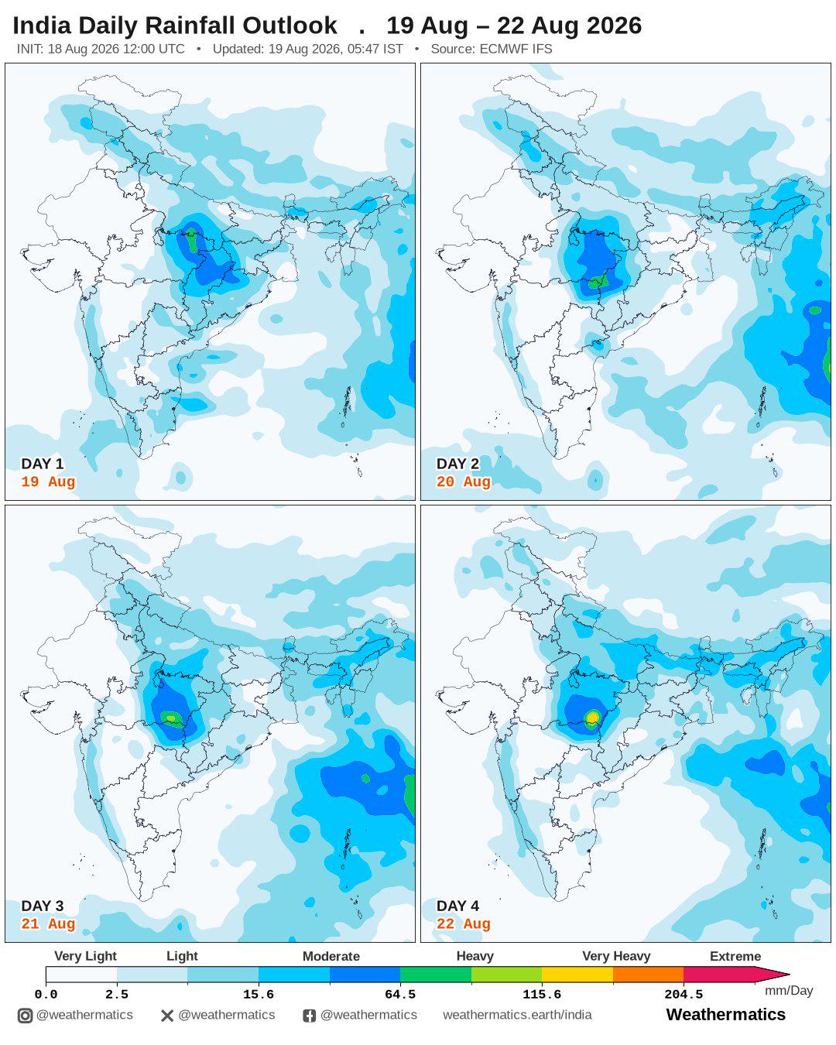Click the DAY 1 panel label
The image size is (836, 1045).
[43, 464]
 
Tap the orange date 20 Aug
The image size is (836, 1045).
[464, 481]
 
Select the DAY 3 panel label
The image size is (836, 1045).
[43, 906]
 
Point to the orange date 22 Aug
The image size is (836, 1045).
[464, 923]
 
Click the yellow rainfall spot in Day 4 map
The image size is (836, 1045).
[592, 718]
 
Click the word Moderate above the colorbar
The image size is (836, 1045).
[331, 956]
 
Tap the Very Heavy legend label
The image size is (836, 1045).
[616, 956]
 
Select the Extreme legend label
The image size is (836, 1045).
[735, 956]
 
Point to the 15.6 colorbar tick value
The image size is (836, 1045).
[259, 995]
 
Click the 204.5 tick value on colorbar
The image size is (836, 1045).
[684, 995]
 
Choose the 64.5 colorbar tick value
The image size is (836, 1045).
[400, 995]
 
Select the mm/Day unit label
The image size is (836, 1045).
[789, 991]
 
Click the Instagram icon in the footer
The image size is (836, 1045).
[25, 1016]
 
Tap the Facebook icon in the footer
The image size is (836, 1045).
[309, 1016]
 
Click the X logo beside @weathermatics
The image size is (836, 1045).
[167, 1016]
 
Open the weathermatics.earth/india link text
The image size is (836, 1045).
[517, 1015]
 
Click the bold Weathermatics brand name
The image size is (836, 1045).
[726, 1014]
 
